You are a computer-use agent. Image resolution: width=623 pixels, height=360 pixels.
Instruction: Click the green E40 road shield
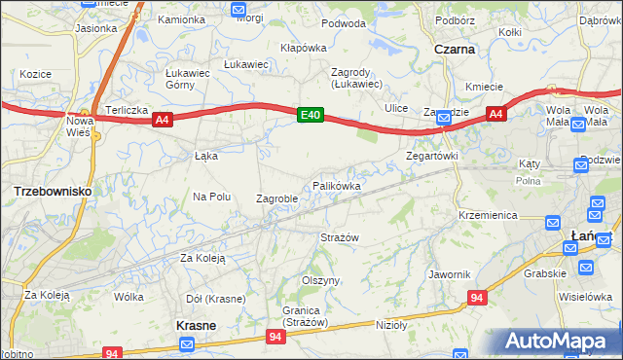tap(310, 116)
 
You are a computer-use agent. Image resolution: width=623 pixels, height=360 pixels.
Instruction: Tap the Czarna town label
tap(455, 48)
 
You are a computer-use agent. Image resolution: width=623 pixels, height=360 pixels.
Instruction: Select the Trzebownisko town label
tap(54, 192)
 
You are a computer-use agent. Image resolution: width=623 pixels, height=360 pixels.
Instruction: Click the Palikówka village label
tap(337, 185)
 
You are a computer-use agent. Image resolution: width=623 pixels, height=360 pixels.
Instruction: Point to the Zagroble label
tap(276, 198)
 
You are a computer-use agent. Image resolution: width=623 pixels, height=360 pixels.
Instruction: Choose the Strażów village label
tap(340, 237)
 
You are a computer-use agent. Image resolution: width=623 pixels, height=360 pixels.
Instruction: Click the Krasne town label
tap(196, 325)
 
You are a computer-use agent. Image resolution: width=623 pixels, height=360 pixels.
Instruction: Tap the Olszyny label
tap(320, 280)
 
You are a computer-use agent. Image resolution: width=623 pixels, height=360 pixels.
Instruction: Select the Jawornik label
tap(449, 274)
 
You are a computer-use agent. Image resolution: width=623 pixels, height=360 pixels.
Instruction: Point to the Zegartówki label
tap(431, 156)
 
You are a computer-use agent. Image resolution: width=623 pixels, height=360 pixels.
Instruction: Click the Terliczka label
tap(127, 110)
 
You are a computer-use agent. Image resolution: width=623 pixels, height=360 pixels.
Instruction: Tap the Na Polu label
tap(211, 197)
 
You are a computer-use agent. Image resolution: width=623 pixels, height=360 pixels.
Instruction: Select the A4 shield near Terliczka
tap(163, 120)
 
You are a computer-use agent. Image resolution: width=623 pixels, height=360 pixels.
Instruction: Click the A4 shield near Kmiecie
tap(496, 115)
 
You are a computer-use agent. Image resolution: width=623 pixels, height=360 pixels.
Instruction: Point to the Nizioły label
tap(390, 325)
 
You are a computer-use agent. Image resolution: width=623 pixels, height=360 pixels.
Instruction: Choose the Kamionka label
tap(181, 19)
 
